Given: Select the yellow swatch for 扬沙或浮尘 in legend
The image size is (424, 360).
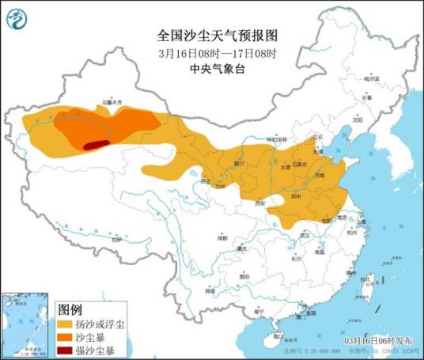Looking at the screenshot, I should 65,324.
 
